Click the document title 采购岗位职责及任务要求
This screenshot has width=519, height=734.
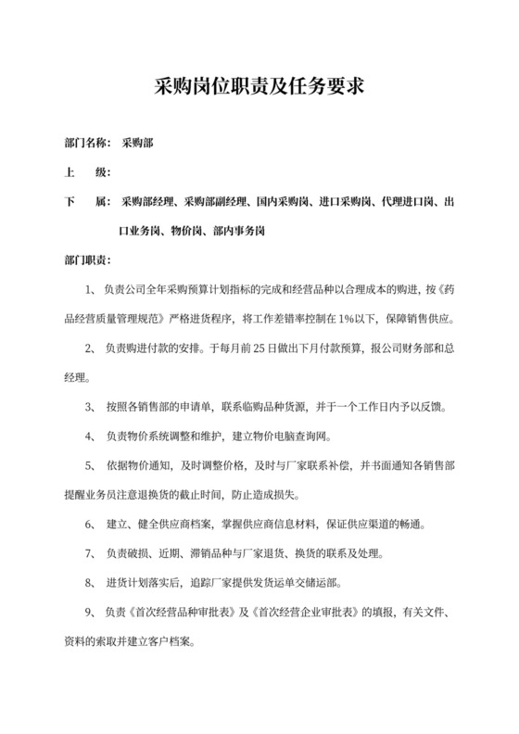click(259, 89)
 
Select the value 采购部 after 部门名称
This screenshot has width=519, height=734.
click(139, 144)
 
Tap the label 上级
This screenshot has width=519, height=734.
click(86, 172)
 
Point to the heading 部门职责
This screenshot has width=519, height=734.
click(86, 259)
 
